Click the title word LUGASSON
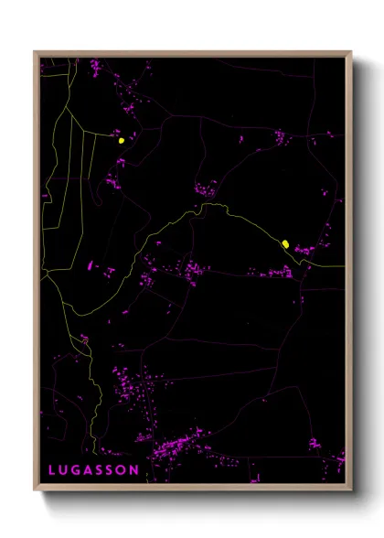pos(94,470)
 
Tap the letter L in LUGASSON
pos(52,470)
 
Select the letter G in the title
pos(76,470)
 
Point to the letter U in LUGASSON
pos(63,470)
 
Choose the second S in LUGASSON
pos(112,470)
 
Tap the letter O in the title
pos(123,470)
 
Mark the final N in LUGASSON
pos(135,470)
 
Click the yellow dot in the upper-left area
pos(121,141)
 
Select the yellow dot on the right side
pos(285,243)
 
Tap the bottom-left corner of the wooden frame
pos(35,490)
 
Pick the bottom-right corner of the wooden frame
pos(351,490)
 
